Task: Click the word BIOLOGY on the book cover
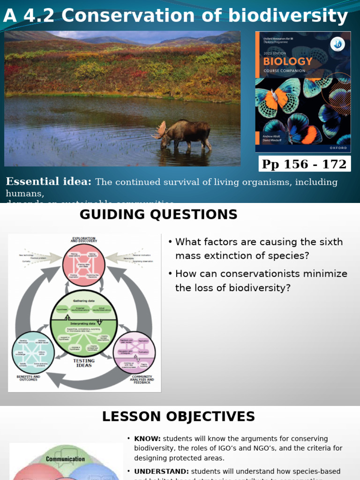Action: (x=287, y=61)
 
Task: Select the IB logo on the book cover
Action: (x=337, y=44)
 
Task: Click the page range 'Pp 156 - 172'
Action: (x=304, y=164)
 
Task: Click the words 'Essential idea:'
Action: (x=48, y=182)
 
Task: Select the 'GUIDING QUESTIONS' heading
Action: (x=158, y=215)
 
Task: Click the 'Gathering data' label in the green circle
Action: (x=84, y=300)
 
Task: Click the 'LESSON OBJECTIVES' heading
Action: (x=179, y=417)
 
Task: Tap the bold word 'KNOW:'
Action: (x=147, y=439)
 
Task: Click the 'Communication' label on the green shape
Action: (x=66, y=459)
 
